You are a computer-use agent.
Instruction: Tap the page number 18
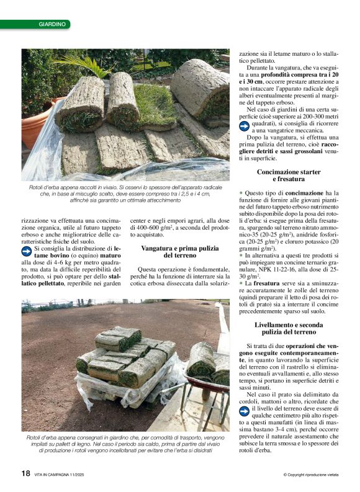(x=25, y=473)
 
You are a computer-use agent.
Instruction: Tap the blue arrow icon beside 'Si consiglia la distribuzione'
(x=26, y=251)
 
